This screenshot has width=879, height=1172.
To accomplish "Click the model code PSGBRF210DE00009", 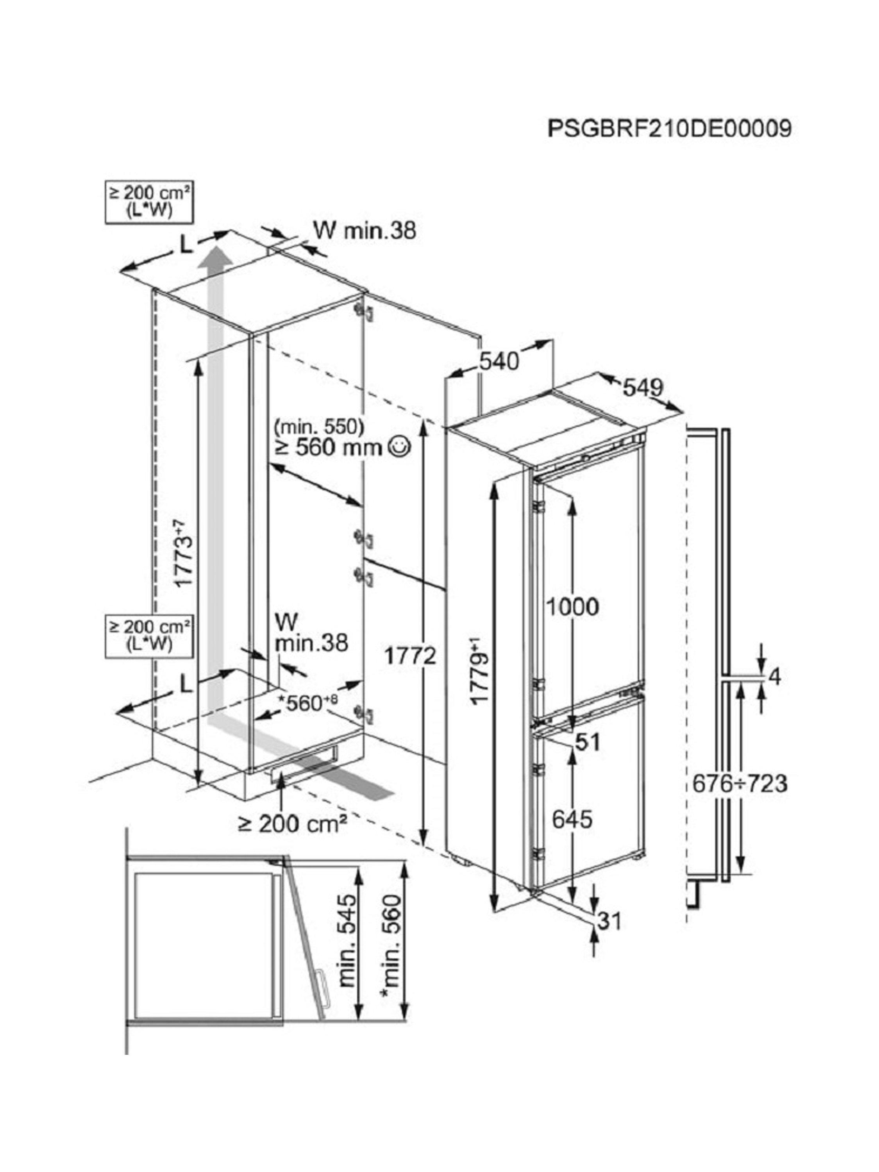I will (669, 128).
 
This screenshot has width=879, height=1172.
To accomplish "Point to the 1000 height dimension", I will (573, 607).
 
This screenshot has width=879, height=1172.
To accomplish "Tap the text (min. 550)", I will (320, 425).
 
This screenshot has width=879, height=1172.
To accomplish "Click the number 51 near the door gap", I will (588, 742).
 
